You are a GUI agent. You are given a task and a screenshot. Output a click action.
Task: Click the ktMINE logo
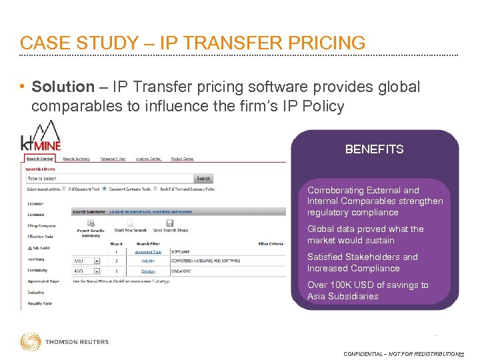click(41, 137)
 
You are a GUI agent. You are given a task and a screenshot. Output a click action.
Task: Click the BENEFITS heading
click(374, 149)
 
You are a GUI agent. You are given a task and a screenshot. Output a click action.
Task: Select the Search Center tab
click(40, 159)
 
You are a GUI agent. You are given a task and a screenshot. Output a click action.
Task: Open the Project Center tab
click(182, 159)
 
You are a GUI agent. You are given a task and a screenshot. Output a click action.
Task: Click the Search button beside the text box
click(203, 179)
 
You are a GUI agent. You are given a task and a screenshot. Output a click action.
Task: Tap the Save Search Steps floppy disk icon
click(169, 223)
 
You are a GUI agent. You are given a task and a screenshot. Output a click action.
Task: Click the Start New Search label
click(129, 230)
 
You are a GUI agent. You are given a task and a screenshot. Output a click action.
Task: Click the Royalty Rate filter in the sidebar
click(40, 303)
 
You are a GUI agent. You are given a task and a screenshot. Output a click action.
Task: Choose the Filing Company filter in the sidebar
click(42, 225)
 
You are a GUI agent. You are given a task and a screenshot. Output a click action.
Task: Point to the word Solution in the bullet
click(63, 87)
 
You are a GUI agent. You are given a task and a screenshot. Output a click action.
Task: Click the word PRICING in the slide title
click(325, 43)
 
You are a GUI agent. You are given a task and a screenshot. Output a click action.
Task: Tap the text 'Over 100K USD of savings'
click(368, 285)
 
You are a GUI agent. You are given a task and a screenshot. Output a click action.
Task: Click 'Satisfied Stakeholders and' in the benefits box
click(363, 257)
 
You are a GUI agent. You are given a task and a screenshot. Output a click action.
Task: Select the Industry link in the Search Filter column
click(147, 261)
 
